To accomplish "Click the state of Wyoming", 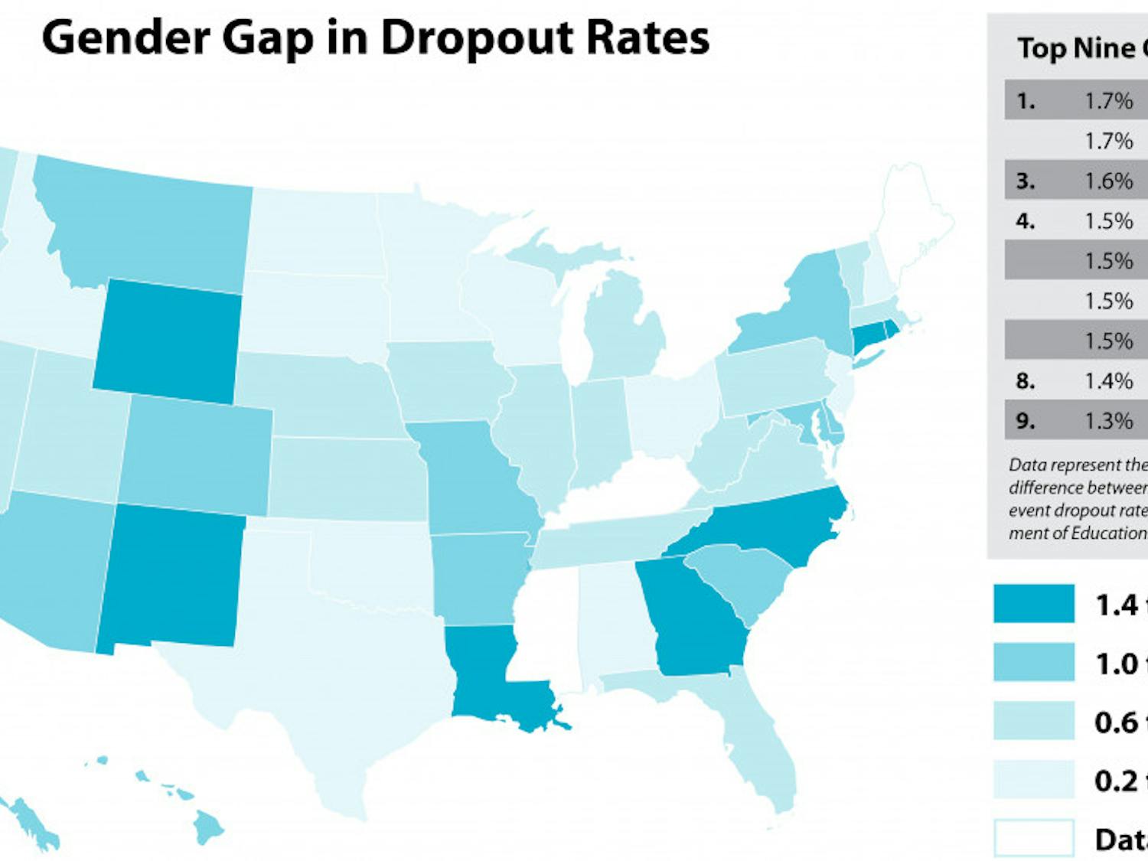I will tap(167, 342).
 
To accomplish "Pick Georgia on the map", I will tap(689, 624).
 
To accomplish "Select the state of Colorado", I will tap(195, 455).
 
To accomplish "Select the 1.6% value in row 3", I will tap(1108, 181).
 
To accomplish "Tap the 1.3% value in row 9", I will tap(1108, 421).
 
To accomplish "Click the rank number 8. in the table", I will tap(1025, 381).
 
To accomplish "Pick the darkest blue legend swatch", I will tap(1033, 603).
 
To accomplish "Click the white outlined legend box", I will tap(1033, 838).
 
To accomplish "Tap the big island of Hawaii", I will tap(207, 827).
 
